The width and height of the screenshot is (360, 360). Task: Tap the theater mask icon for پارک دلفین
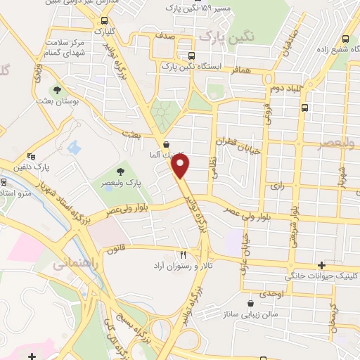(x=30, y=157)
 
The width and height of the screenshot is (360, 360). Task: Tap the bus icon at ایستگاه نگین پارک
(x=191, y=56)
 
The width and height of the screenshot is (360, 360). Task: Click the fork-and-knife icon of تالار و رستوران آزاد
(x=184, y=255)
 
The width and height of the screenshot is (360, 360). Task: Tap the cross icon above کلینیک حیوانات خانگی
(x=321, y=265)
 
